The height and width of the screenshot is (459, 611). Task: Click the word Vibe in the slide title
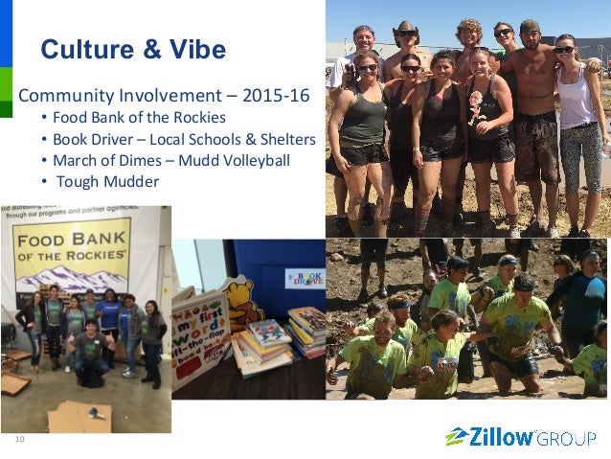197,49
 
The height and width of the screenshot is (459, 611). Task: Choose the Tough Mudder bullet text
107,181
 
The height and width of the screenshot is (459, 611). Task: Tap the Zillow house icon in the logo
456,437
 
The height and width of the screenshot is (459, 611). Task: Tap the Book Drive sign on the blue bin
304,277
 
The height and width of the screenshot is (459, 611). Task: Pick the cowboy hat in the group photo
405,29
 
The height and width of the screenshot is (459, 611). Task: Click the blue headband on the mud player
522,280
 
